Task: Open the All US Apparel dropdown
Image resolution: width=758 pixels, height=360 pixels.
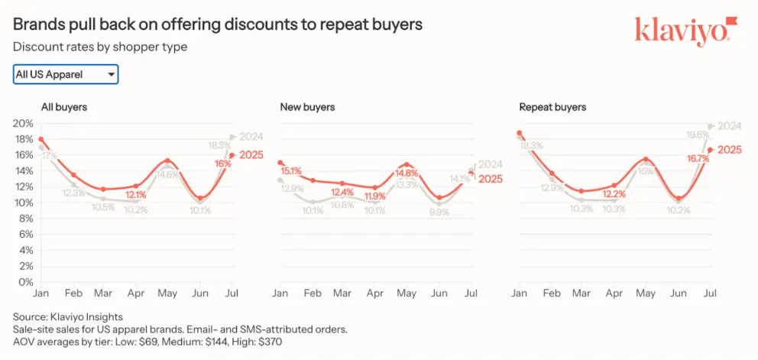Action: [x=66, y=74]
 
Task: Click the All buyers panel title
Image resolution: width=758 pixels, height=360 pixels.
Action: [x=64, y=107]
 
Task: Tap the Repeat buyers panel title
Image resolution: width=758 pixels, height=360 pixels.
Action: [x=552, y=107]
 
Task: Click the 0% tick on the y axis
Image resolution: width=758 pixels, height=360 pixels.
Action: [x=26, y=282]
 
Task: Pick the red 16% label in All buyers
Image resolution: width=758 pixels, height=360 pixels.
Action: [x=223, y=164]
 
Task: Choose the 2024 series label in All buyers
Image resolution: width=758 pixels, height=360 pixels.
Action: [x=251, y=137]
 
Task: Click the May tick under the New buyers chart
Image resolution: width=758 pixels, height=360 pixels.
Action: [x=407, y=294]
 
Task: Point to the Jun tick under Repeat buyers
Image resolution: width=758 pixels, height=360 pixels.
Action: [x=678, y=294]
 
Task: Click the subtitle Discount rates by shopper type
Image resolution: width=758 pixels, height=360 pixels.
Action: [x=100, y=47]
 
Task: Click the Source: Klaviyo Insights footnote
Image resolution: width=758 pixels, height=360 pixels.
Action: [x=68, y=316]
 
